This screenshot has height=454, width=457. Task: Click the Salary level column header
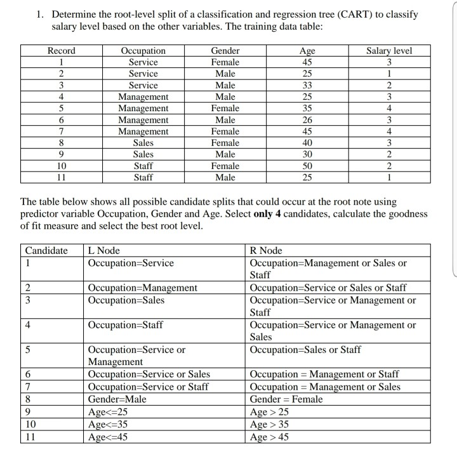point(389,51)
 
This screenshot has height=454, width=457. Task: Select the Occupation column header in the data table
point(143,51)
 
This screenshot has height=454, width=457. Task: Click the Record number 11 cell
point(61,177)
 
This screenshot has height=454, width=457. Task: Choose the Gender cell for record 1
point(225,62)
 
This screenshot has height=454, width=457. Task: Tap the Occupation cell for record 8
point(143,143)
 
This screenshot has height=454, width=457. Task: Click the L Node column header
point(104,251)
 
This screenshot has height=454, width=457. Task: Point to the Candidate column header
point(46,251)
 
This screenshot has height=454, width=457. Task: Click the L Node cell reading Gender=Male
point(119,399)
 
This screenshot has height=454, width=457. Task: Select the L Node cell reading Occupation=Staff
point(126,325)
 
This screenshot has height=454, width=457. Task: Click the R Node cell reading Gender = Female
point(286,399)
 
